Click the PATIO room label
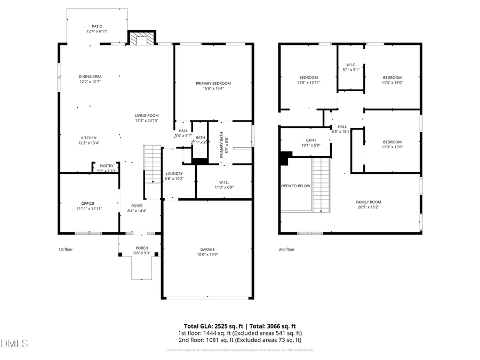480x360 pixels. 97,26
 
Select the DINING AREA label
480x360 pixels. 90,76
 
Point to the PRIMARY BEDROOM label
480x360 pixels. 213,83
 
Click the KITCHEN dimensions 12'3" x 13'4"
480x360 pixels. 89,143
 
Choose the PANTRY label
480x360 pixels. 106,165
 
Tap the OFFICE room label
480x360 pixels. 88,203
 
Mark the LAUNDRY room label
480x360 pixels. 174,173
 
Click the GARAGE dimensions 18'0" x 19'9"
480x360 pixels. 207,254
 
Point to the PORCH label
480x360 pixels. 142,248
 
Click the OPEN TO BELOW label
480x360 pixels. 295,186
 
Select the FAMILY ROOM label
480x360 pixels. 369,202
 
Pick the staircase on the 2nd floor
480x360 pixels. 322,184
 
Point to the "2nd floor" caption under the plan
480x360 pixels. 286,249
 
